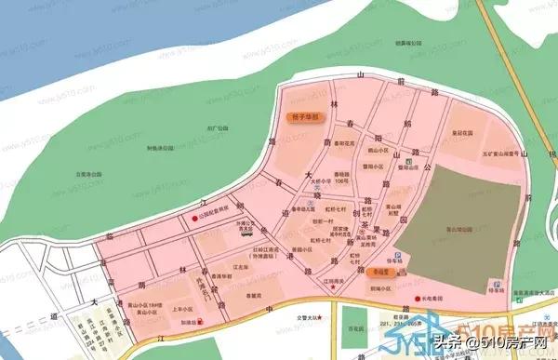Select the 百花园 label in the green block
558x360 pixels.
(352, 329)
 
